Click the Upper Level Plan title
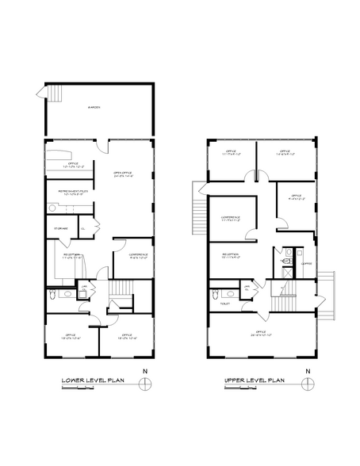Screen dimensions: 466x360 coord(255,381)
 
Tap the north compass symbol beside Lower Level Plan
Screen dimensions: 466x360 coord(144,384)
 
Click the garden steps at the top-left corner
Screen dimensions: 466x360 coord(55,96)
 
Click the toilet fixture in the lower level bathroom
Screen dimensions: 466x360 coord(52,294)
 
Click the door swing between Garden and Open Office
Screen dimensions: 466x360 coord(99,146)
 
